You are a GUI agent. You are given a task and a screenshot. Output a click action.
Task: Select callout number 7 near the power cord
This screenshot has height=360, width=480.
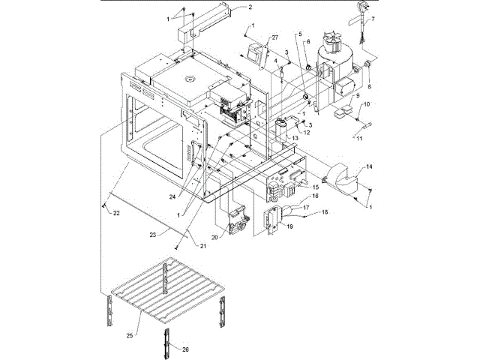373,18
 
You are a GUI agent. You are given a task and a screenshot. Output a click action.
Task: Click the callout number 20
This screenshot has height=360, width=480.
214,236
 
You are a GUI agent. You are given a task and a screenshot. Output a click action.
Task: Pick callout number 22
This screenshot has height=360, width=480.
116,214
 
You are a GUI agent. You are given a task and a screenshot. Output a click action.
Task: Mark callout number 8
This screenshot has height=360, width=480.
369,86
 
